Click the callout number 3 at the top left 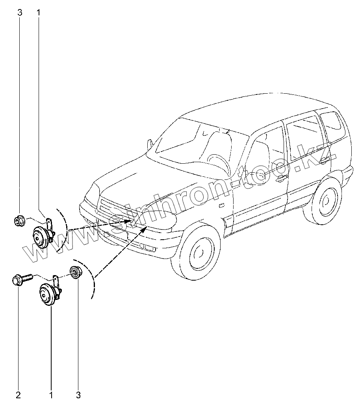(x=20, y=13)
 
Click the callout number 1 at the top (x=39, y=13)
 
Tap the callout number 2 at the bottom (x=19, y=394)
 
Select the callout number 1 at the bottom (x=51, y=394)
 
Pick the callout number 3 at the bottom (x=78, y=394)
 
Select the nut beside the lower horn (x=75, y=272)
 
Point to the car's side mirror (x=150, y=143)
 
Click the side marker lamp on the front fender (x=221, y=205)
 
